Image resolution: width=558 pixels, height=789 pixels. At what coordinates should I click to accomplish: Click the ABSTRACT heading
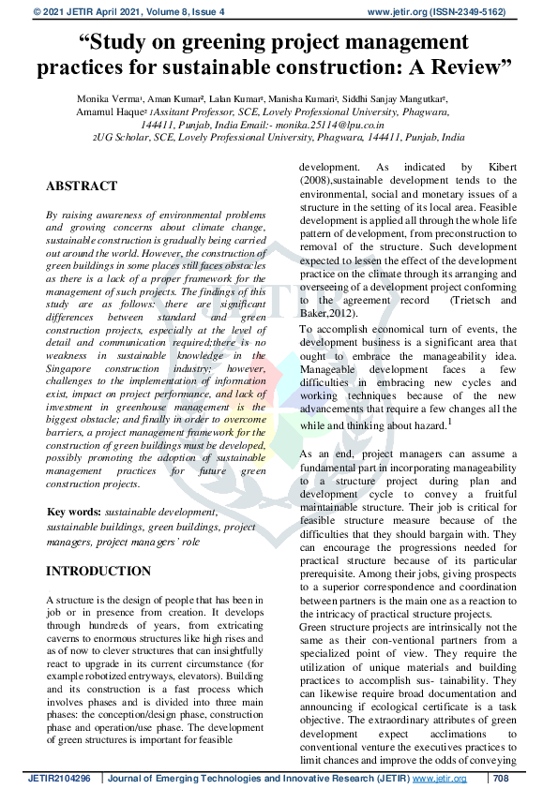click(82, 186)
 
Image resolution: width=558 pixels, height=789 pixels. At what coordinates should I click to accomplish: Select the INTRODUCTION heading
click(98, 571)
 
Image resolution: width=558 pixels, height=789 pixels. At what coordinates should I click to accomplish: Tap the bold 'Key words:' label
click(74, 513)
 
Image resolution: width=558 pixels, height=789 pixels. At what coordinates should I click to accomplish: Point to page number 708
click(501, 779)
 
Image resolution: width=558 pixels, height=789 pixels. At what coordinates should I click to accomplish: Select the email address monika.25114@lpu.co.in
click(334, 124)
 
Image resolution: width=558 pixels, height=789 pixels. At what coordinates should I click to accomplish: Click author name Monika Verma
click(106, 97)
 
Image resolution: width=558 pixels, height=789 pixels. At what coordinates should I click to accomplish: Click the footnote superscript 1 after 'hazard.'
click(450, 422)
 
